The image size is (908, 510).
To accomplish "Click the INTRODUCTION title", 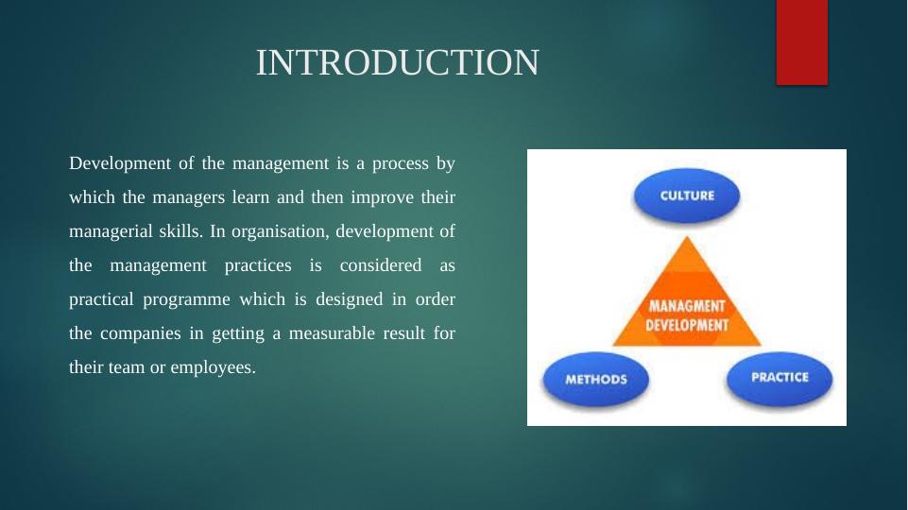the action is point(397,62).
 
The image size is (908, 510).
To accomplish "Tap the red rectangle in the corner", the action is point(802,42).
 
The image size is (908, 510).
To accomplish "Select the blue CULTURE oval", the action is point(687,195).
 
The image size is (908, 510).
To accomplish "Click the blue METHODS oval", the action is point(596,379).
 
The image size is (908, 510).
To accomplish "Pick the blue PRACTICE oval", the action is point(780,378).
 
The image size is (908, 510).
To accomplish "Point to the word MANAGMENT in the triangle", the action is point(687,306).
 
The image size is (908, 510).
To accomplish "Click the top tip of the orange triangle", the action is point(687,236).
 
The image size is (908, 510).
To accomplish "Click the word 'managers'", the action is point(188,198).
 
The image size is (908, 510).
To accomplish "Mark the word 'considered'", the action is point(381,265).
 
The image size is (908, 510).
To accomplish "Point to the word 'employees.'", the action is point(214,368).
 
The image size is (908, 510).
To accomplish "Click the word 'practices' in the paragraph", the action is point(258,265).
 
